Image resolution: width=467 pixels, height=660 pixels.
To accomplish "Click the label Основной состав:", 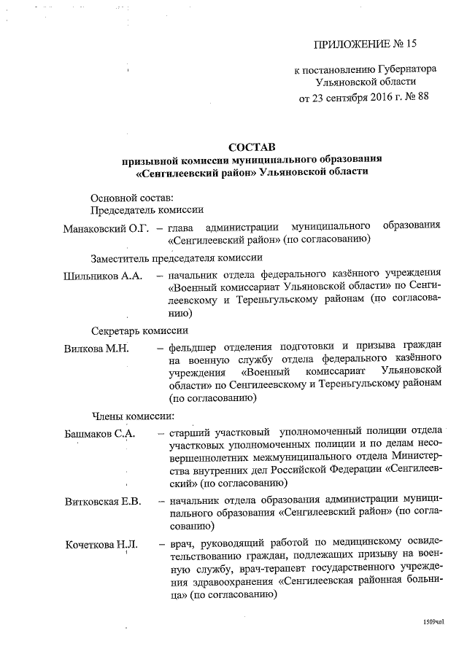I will (x=132, y=198).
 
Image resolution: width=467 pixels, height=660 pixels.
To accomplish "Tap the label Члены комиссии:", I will (x=132, y=416).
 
